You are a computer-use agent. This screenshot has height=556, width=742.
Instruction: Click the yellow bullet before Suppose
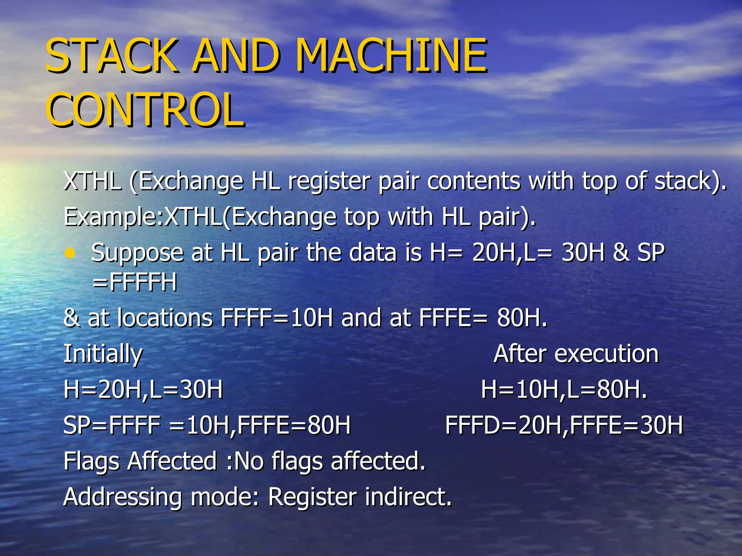(70, 253)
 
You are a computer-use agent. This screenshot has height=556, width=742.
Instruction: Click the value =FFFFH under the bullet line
(135, 282)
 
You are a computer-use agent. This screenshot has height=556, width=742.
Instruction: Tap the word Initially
(103, 354)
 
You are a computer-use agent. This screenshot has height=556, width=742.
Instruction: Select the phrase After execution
(576, 354)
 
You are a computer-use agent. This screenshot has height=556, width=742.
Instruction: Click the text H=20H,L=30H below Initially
(143, 390)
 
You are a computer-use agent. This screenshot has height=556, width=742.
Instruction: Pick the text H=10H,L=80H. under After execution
(564, 390)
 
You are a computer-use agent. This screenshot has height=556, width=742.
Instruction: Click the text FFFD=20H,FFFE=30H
(564, 425)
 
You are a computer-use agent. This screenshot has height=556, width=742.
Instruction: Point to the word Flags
(91, 461)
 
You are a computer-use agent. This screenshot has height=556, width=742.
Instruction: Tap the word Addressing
(122, 497)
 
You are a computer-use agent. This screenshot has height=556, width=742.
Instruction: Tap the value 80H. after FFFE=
(522, 318)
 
